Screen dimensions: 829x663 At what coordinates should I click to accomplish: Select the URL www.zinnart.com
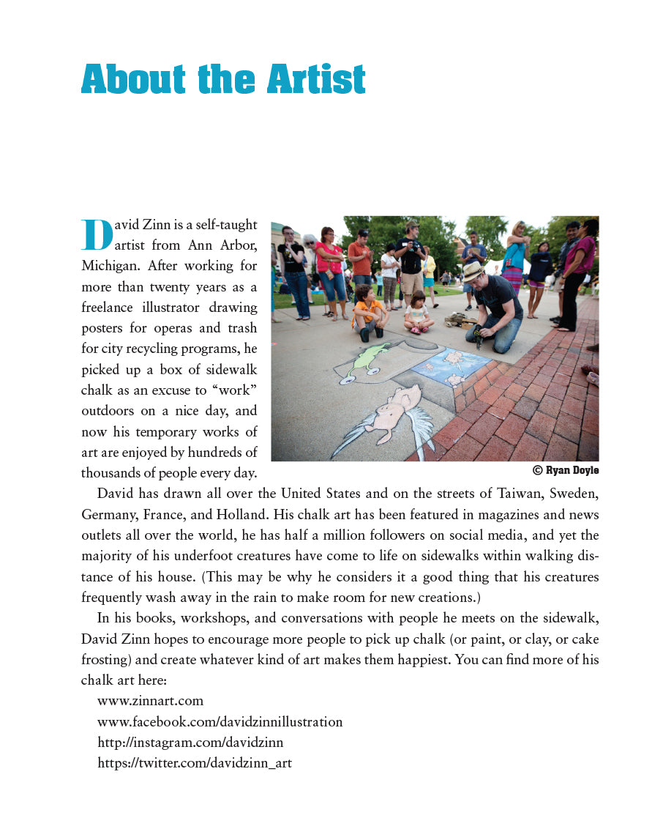click(x=150, y=701)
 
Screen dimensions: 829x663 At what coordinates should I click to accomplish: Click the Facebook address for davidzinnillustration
click(x=220, y=721)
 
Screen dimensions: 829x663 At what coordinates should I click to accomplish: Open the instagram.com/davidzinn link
click(x=190, y=742)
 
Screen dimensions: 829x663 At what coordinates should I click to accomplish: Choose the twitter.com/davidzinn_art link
click(x=195, y=762)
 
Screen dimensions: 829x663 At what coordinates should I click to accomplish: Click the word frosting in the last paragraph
click(x=107, y=659)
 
